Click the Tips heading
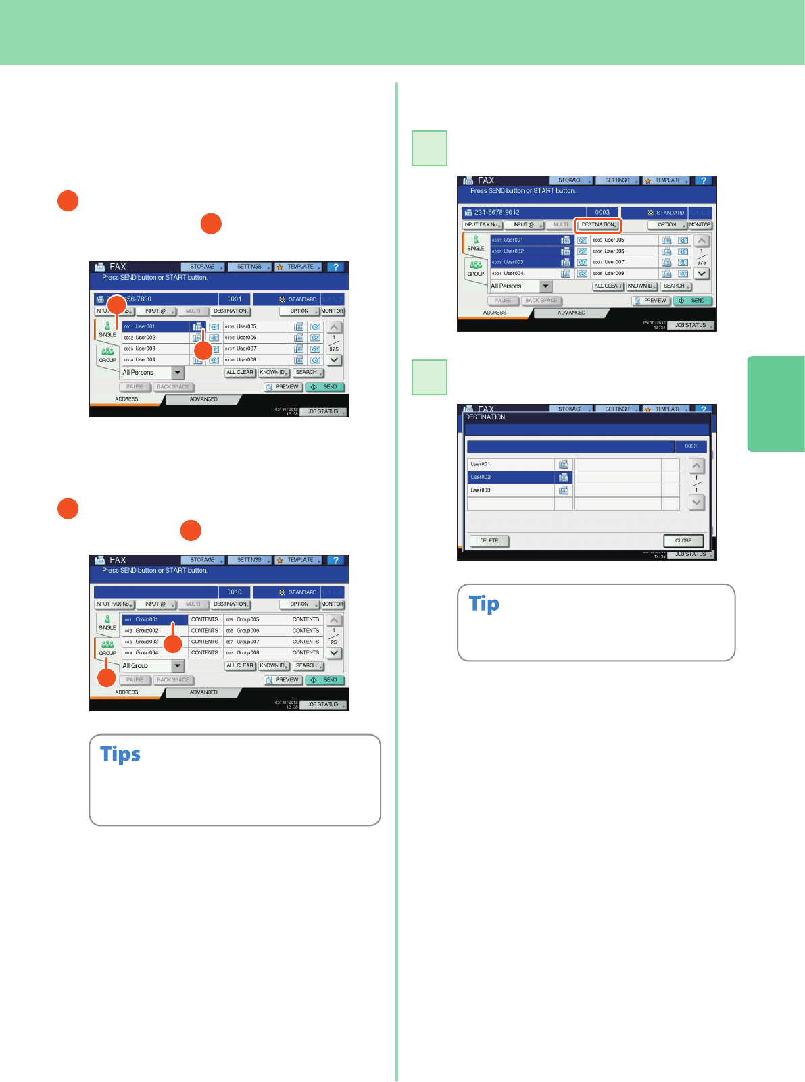click(120, 754)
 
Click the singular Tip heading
click(484, 603)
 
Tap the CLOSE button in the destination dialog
click(683, 540)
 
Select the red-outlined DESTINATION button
click(598, 225)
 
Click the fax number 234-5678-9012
click(497, 212)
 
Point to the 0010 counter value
click(235, 592)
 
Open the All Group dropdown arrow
click(178, 666)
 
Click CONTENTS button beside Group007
click(306, 642)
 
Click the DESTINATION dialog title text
click(485, 417)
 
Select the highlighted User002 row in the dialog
click(511, 477)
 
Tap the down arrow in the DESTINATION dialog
click(696, 503)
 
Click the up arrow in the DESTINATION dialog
click(696, 465)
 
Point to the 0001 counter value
click(235, 299)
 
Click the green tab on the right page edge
click(776, 403)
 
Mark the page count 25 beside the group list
click(334, 642)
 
